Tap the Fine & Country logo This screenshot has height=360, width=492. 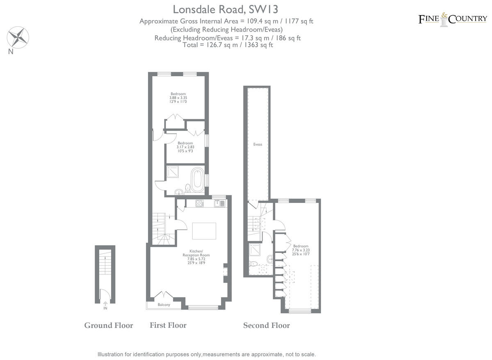pyautogui.click(x=453, y=19)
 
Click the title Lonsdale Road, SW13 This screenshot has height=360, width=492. pyautogui.click(x=228, y=9)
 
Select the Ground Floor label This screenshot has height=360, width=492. pyautogui.click(x=109, y=326)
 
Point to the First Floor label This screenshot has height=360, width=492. pyautogui.click(x=168, y=326)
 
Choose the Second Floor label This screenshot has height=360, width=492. pyautogui.click(x=266, y=326)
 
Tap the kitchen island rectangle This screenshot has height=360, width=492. pyautogui.click(x=204, y=231)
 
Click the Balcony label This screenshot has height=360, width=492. pyautogui.click(x=164, y=305)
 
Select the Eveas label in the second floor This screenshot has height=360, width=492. pyautogui.click(x=257, y=144)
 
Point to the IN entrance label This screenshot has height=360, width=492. pyautogui.click(x=105, y=308)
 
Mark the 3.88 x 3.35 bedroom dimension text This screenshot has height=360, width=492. pyautogui.click(x=178, y=98)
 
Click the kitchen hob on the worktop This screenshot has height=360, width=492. pyautogui.click(x=200, y=203)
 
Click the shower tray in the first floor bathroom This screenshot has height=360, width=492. pyautogui.click(x=173, y=173)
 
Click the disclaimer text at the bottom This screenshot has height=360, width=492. pyautogui.click(x=207, y=354)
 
